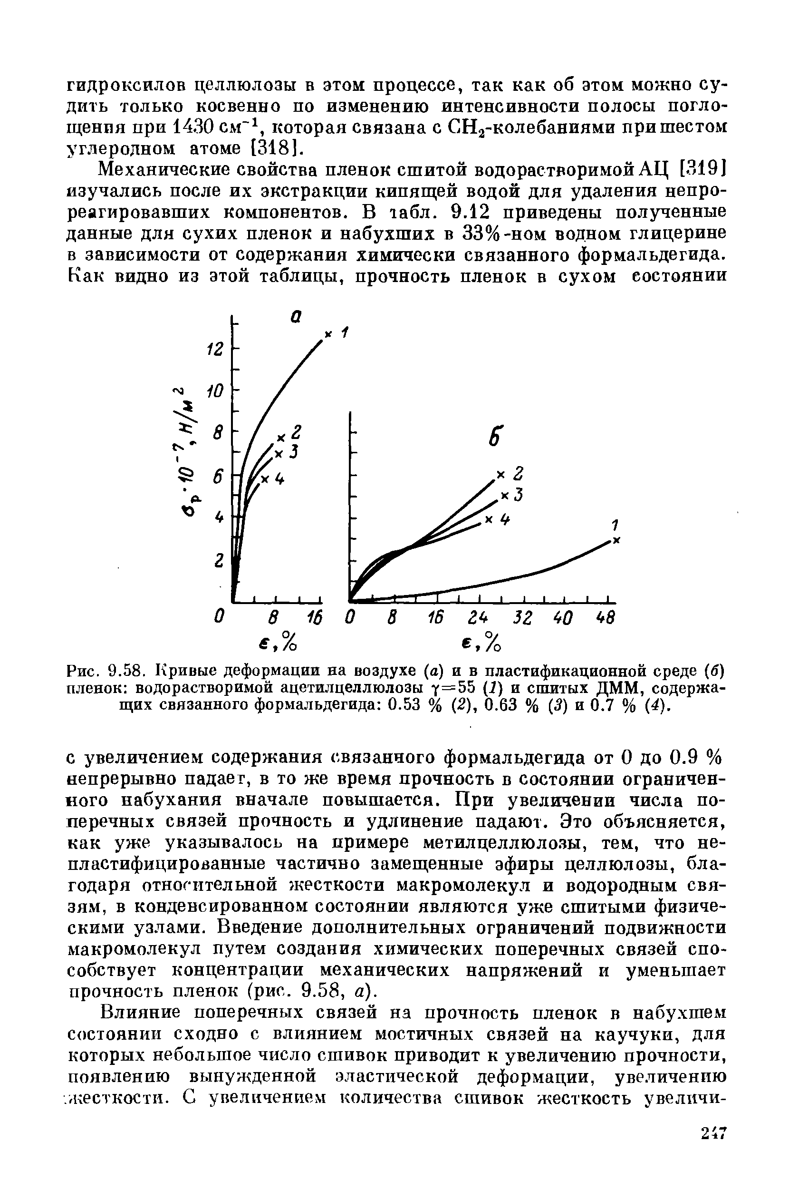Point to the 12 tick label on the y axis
214,350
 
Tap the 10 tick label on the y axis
214,392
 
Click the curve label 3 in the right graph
519,495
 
